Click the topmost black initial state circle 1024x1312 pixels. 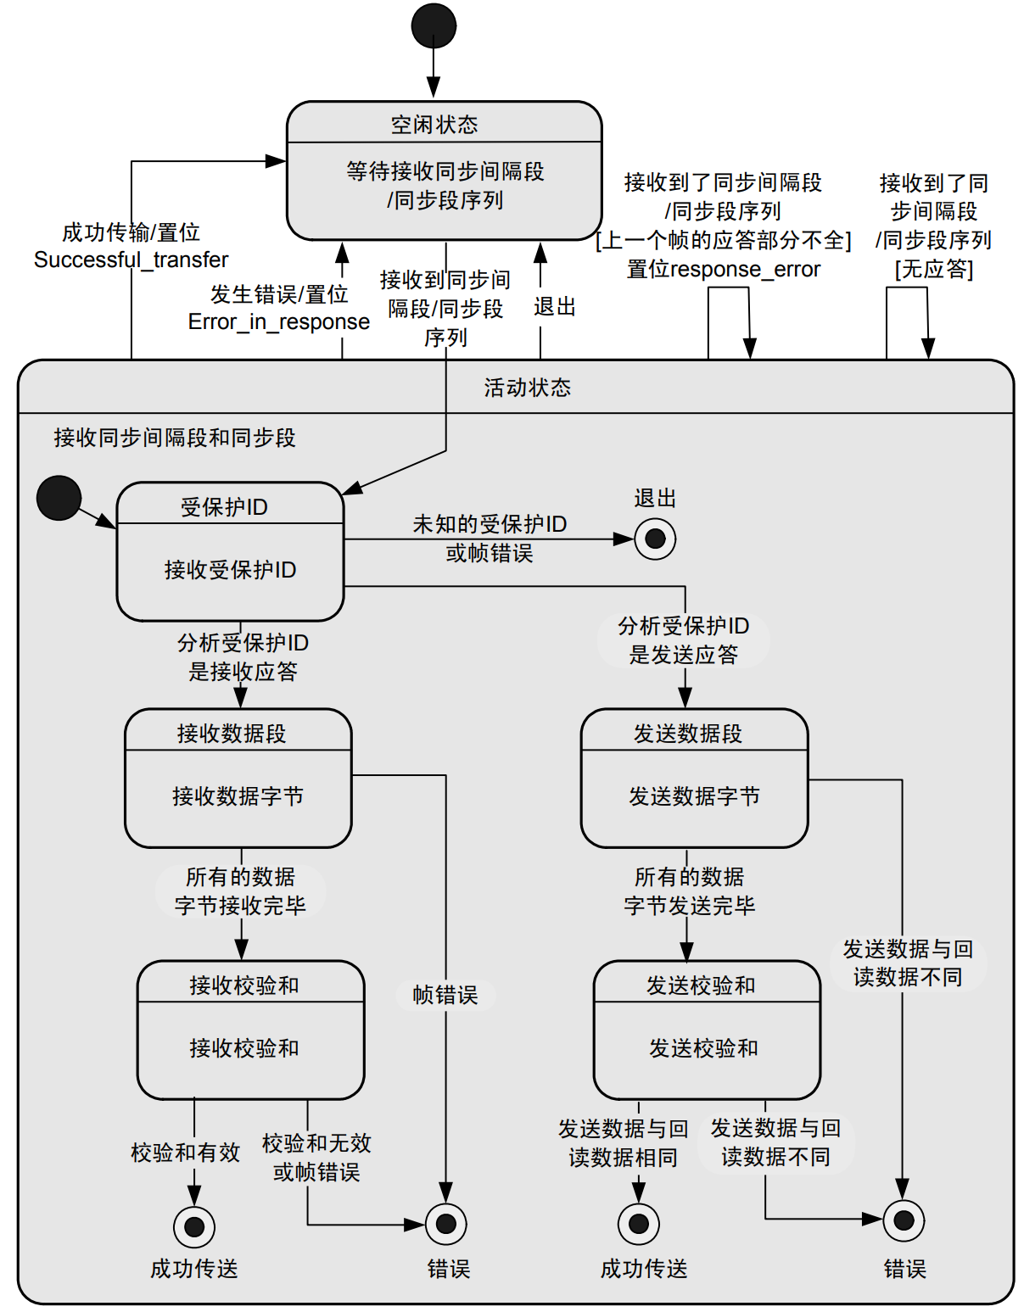pyautogui.click(x=434, y=25)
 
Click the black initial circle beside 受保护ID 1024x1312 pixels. pyautogui.click(x=59, y=497)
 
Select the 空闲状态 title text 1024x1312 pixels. pyautogui.click(x=434, y=125)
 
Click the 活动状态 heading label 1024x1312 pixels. pyautogui.click(x=527, y=388)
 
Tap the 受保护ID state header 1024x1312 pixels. pyautogui.click(x=224, y=507)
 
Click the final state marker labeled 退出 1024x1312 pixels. pyautogui.click(x=655, y=539)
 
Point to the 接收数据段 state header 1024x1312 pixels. pyautogui.click(x=232, y=733)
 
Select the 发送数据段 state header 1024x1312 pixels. pyautogui.click(x=687, y=733)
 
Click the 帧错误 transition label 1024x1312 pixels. pyautogui.click(x=445, y=995)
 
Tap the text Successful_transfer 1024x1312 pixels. pyautogui.click(x=131, y=260)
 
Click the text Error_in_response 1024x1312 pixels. pyautogui.click(x=279, y=322)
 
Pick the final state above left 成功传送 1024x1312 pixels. pyautogui.click(x=194, y=1226)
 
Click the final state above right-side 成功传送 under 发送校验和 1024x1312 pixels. pyautogui.click(x=639, y=1224)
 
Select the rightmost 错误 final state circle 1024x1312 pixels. pyautogui.click(x=904, y=1220)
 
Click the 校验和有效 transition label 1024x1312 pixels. pyautogui.click(x=185, y=1153)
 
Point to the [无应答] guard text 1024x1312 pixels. pyautogui.click(x=934, y=270)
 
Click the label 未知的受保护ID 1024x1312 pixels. pyautogui.click(x=490, y=524)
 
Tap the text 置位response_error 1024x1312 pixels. pyautogui.click(x=724, y=270)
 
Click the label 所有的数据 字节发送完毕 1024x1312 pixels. pyautogui.click(x=690, y=890)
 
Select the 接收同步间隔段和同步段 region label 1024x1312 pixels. pyautogui.click(x=175, y=438)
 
